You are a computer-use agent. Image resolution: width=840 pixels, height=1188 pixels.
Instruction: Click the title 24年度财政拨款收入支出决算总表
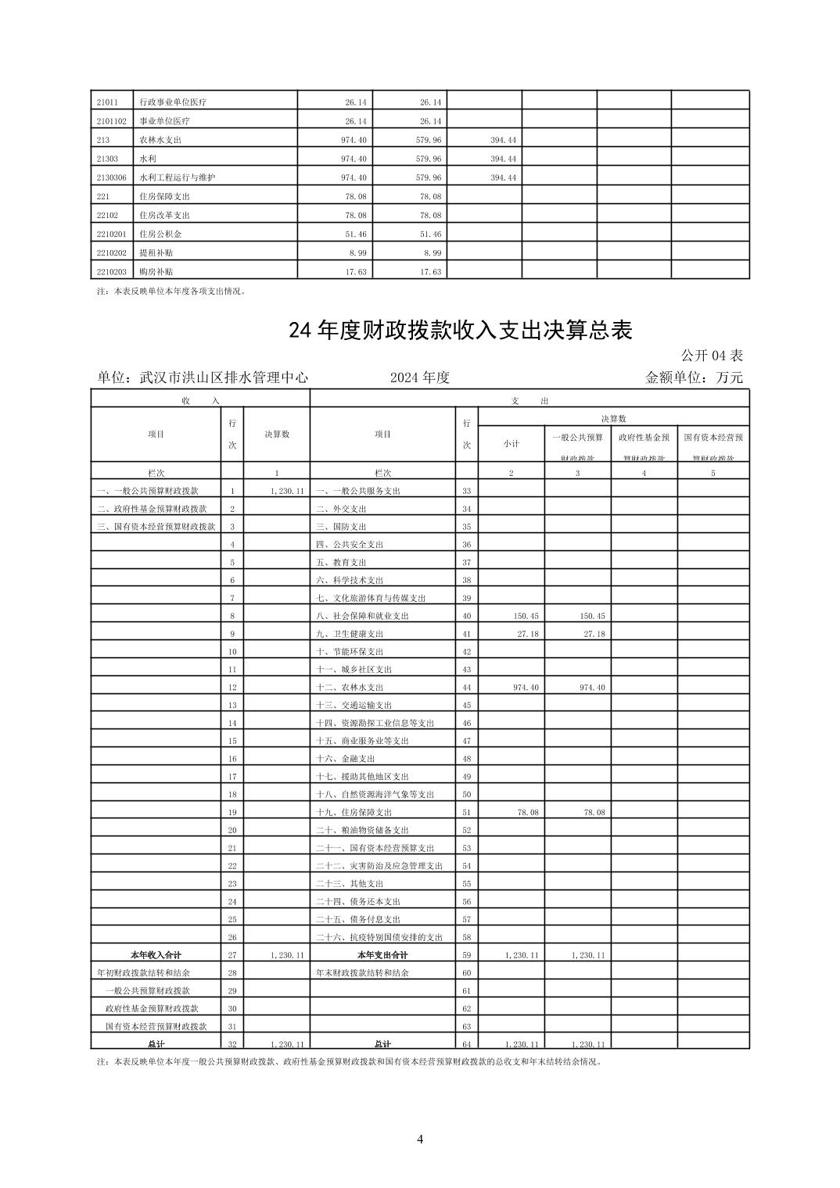460,331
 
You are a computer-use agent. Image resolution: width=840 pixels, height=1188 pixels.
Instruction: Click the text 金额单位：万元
693,378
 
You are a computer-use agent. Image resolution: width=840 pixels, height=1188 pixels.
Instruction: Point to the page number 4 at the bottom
420,1139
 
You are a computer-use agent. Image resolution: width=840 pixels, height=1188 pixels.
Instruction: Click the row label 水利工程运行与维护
177,177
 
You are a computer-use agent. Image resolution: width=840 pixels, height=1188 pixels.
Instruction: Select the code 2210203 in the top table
111,271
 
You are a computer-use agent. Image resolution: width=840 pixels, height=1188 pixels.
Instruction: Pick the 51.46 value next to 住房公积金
355,234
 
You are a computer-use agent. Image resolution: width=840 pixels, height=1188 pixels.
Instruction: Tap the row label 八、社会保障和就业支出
362,616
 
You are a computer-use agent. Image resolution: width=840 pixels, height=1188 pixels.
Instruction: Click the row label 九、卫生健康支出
350,634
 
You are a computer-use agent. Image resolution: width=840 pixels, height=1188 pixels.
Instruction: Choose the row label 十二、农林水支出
350,688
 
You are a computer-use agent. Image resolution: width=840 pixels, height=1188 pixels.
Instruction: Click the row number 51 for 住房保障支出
467,813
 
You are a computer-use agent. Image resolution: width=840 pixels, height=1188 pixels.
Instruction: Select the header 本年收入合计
156,955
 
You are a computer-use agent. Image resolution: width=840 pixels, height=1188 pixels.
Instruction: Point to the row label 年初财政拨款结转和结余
143,973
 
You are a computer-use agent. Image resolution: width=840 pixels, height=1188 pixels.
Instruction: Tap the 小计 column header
511,443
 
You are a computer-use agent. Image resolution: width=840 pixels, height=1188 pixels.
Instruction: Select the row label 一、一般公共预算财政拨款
148,491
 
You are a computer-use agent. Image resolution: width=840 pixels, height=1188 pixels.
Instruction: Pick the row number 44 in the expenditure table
467,688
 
